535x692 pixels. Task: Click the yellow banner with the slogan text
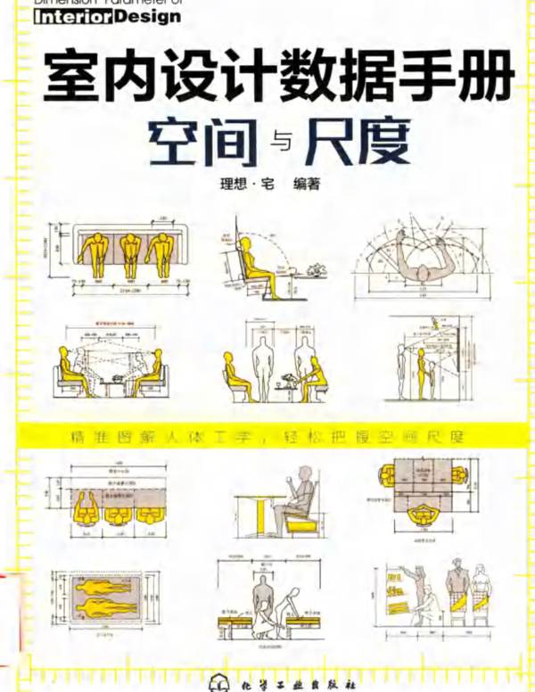coord(267,438)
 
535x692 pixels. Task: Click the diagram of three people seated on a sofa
coord(125,254)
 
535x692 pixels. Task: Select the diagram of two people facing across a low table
coord(111,366)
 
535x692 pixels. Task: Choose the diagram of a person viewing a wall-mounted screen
coord(428,361)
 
